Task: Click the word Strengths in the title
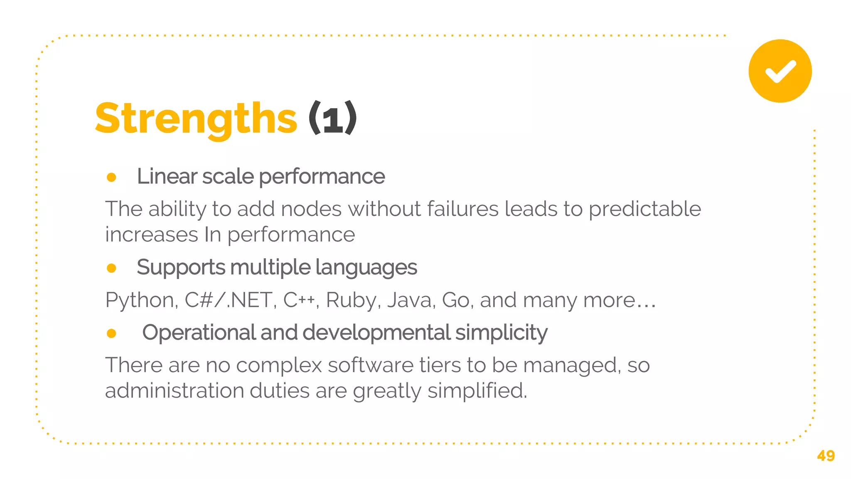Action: [196, 119]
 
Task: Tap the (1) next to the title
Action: [332, 119]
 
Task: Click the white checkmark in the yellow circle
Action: [780, 71]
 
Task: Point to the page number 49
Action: [826, 456]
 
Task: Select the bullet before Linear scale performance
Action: [111, 178]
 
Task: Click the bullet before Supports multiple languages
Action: [111, 268]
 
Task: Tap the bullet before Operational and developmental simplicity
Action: [111, 333]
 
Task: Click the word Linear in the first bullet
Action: [166, 176]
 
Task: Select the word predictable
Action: [644, 209]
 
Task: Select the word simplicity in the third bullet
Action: [501, 333]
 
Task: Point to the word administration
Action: [175, 391]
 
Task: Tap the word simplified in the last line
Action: [477, 391]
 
